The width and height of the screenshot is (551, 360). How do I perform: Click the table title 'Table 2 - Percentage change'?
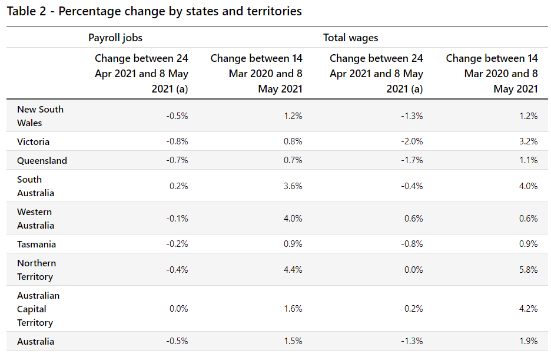point(154,12)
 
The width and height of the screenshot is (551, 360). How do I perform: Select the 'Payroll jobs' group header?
point(115,38)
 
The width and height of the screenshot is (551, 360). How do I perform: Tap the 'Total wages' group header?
point(350,38)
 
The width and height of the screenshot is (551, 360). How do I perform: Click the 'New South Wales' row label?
point(40,116)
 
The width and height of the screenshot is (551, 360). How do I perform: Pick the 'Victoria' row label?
point(33,142)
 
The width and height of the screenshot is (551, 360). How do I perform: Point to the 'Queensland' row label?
point(42,161)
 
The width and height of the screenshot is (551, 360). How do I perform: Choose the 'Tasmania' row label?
point(36,245)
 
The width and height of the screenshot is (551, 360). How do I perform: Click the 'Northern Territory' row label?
point(36,270)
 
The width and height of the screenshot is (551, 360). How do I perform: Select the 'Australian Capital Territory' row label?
point(38,309)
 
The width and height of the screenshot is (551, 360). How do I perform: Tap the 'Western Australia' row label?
point(35,219)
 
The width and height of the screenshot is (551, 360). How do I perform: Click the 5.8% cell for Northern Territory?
point(529,270)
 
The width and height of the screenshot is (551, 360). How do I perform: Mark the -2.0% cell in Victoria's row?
point(411,142)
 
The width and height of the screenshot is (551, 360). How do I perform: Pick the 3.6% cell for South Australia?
point(293,186)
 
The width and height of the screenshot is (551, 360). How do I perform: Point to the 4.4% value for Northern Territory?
point(293,270)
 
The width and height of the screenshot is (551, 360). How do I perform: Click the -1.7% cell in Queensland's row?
point(411,161)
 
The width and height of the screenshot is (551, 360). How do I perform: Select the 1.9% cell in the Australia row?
point(529,342)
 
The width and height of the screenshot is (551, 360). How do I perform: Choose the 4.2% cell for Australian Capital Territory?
point(529,309)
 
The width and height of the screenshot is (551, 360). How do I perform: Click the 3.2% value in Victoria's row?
point(529,142)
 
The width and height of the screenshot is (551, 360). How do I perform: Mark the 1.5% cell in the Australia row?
point(293,342)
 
